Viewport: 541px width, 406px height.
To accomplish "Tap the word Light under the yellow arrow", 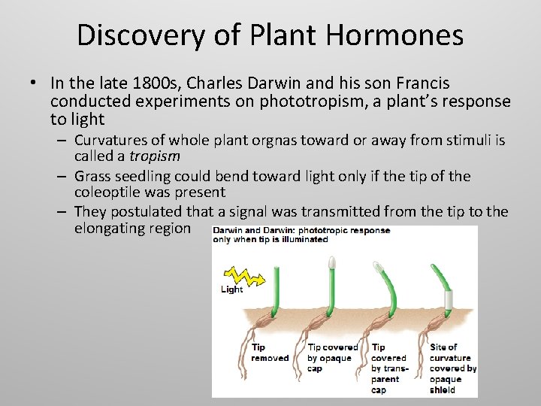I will [232, 289].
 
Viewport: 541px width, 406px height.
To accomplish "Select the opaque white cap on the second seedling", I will [332, 263].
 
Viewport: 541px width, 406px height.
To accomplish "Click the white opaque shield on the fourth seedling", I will [449, 301].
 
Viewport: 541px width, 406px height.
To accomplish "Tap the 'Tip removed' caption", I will [269, 353].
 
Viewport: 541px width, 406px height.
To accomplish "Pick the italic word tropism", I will [154, 156].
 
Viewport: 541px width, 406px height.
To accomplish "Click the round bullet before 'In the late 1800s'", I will [34, 83].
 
